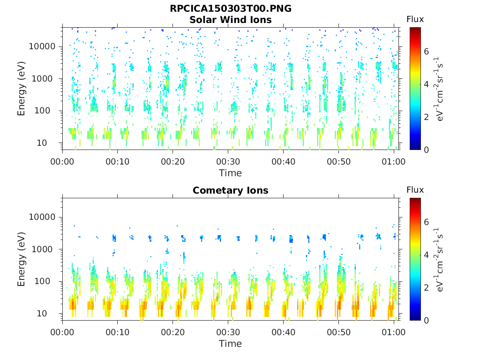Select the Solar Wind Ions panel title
(x=230, y=20)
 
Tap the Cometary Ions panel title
(x=230, y=190)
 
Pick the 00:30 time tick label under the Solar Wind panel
(x=228, y=162)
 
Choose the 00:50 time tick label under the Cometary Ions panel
(x=338, y=332)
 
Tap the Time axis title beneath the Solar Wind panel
(x=230, y=173)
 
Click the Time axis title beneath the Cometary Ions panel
(x=230, y=344)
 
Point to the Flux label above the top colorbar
(x=415, y=19)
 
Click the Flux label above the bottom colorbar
(x=415, y=190)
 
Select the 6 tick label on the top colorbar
(x=427, y=52)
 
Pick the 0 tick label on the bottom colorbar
(x=427, y=320)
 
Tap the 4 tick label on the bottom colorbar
(x=427, y=255)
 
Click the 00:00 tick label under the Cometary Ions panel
(x=62, y=332)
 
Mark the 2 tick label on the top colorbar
(x=427, y=117)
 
